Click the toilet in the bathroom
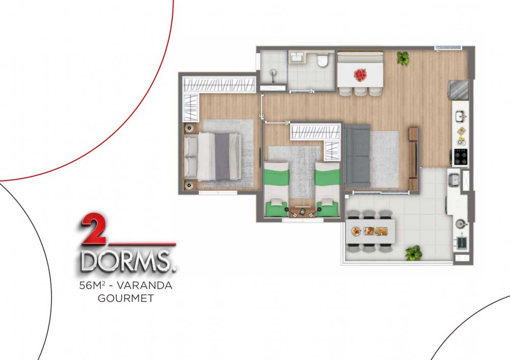(323, 60)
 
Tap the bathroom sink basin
(296, 58)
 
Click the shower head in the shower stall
(272, 72)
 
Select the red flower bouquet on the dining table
(360, 75)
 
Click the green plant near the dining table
(403, 59)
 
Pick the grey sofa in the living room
(357, 156)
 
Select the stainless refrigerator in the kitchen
(458, 90)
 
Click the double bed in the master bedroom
(213, 157)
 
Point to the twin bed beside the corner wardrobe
(327, 190)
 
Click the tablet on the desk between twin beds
(302, 212)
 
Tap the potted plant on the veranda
(414, 252)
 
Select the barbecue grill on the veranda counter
(462, 242)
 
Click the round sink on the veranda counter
(461, 224)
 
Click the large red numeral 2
(93, 229)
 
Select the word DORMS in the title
(127, 261)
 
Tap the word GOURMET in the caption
(126, 298)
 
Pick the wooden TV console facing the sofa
(414, 159)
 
